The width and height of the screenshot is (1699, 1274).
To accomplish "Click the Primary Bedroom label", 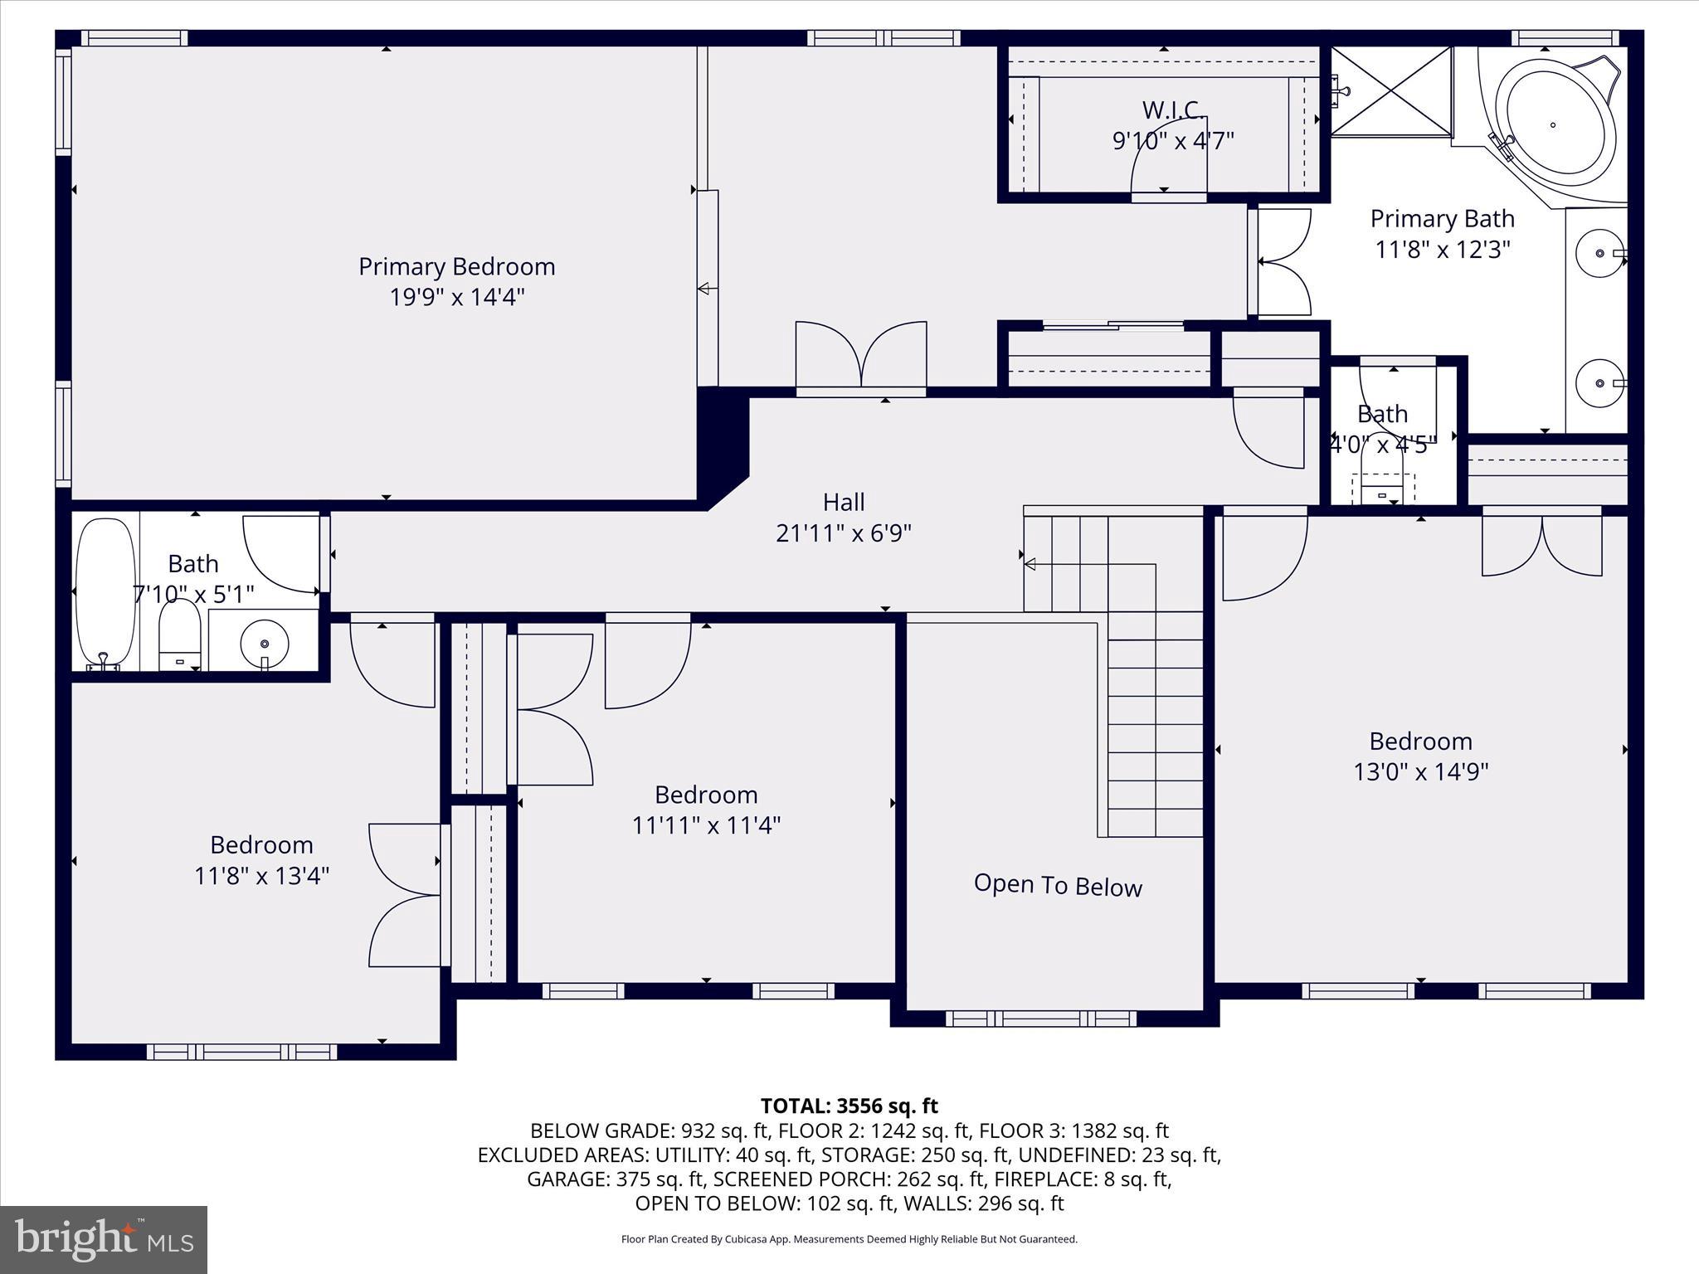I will [x=456, y=266].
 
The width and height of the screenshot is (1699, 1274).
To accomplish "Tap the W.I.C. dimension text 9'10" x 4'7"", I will [x=1172, y=140].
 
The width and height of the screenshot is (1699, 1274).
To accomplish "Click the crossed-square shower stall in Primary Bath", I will [x=1391, y=90].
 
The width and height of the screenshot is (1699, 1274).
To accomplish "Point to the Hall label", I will [x=844, y=502].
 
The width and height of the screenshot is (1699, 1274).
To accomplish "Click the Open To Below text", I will [x=1058, y=885].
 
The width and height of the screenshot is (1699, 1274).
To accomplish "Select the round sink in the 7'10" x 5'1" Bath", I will [x=265, y=643].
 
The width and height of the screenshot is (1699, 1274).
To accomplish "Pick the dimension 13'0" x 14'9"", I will [x=1420, y=771].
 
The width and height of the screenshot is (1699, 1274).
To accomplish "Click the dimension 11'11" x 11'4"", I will [x=706, y=825].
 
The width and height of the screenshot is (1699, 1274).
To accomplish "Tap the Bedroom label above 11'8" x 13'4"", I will [x=261, y=844].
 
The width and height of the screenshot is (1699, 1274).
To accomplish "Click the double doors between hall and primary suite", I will [x=861, y=357].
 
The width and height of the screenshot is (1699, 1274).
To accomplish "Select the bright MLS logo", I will [x=104, y=1239].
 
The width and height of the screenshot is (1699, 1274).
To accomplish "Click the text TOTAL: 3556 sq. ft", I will [x=849, y=1106].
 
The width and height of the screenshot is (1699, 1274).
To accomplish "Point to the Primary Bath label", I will [x=1442, y=218].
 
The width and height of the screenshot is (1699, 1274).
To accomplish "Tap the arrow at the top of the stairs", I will [x=1030, y=565].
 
